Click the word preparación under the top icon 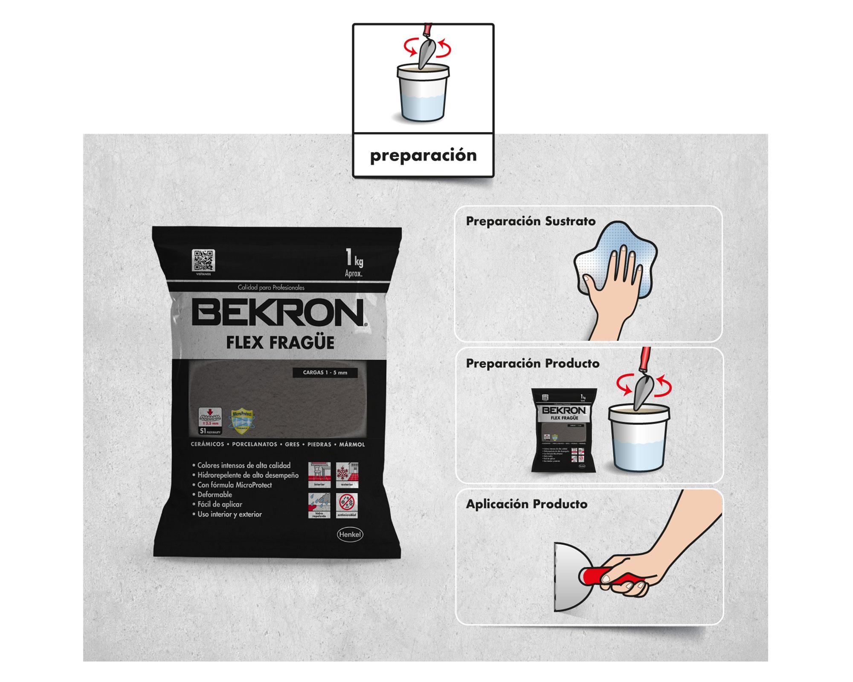pos(423,155)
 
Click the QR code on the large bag pos(203,260)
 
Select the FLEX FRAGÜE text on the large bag pos(280,343)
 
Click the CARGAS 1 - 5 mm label pos(325,373)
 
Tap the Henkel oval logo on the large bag pos(349,535)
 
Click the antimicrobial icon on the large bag pos(347,506)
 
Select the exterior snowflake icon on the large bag pos(347,474)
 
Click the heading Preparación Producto pos(532,364)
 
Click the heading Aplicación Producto pos(526,504)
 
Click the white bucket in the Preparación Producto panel pos(638,439)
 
